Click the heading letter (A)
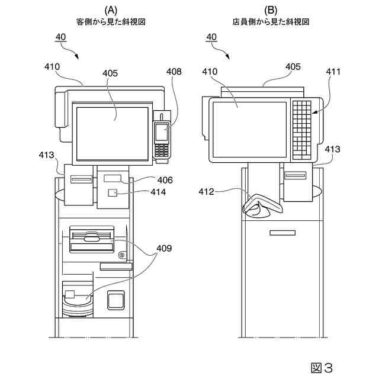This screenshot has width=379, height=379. (111, 10)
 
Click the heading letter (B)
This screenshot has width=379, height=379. (271, 10)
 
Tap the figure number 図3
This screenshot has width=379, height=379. (322, 368)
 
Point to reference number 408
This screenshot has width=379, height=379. (174, 72)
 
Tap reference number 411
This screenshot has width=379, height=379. (333, 72)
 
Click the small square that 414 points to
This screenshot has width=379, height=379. (112, 192)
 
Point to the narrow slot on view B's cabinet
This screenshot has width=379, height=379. (282, 233)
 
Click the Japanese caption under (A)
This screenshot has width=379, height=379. (111, 21)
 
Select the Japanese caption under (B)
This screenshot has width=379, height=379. (271, 21)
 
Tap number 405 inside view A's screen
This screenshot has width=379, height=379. (111, 73)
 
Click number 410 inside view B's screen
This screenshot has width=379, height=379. (227, 72)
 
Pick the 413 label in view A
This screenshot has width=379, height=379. (46, 155)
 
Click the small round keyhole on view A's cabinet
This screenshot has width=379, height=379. (121, 255)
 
